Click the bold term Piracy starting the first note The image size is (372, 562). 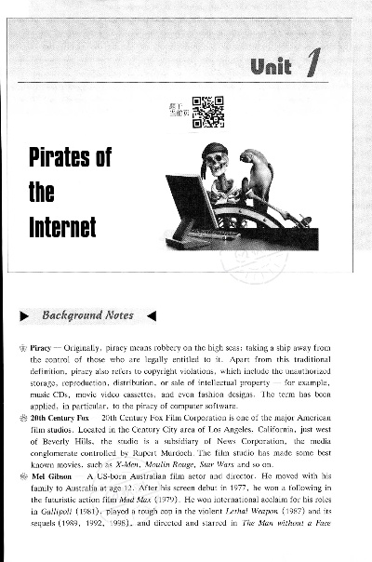[64, 343]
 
